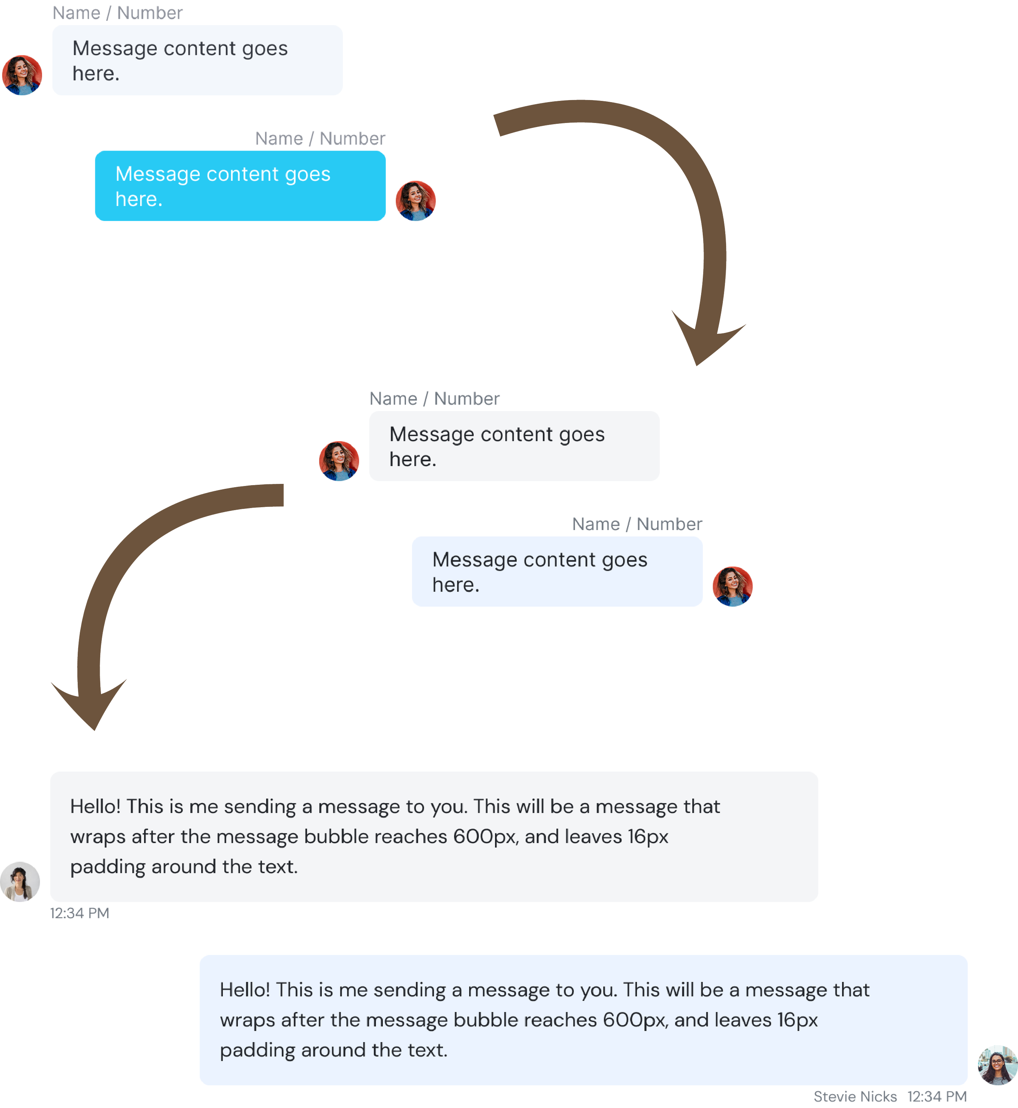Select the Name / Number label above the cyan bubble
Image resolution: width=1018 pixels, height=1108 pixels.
click(320, 139)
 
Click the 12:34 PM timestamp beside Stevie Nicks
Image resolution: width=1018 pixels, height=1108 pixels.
click(937, 1097)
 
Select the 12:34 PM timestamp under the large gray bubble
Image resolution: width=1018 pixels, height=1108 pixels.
click(80, 913)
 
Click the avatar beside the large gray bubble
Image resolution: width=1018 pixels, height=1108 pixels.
click(20, 881)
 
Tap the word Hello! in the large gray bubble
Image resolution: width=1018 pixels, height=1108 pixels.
click(95, 807)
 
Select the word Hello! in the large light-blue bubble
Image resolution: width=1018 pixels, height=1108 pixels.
click(245, 990)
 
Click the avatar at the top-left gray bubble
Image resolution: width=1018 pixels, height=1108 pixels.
click(22, 75)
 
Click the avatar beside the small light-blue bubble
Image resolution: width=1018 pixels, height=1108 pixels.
click(732, 586)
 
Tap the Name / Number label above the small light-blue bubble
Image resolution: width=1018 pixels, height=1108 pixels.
click(637, 524)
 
